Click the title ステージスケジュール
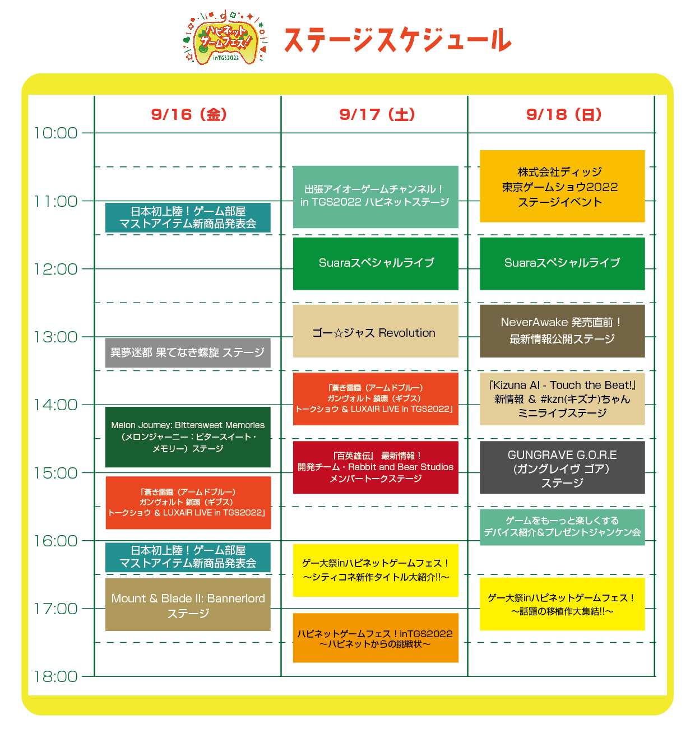click(397, 40)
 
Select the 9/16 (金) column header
click(189, 114)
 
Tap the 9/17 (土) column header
click(377, 114)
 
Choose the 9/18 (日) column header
click(563, 114)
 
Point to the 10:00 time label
click(55, 133)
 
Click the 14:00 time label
click(55, 405)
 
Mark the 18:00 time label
click(55, 677)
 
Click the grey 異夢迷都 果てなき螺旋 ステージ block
click(188, 352)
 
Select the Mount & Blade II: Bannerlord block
click(188, 605)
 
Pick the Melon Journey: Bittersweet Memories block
click(188, 437)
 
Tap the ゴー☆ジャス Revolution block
click(375, 331)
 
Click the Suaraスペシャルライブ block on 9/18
click(562, 263)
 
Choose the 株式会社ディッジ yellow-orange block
click(562, 187)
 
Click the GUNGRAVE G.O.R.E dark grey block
click(562, 468)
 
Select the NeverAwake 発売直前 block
click(562, 331)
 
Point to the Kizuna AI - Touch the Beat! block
click(562, 399)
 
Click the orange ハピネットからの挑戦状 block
click(375, 638)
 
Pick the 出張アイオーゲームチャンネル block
click(375, 197)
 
